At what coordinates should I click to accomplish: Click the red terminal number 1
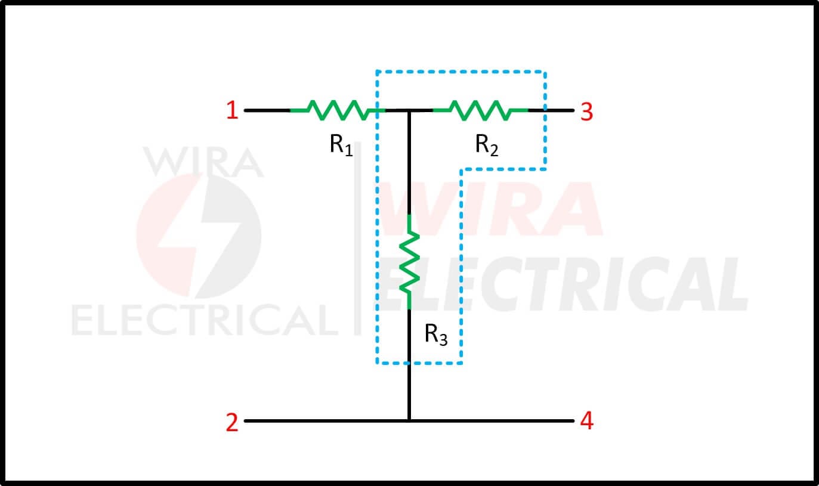coord(233,110)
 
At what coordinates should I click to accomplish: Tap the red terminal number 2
coord(232,423)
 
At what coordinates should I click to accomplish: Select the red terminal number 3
coord(587,112)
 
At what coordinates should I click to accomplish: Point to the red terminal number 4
coord(587,420)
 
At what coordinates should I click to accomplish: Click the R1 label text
coord(341,145)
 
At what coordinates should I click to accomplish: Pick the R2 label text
coord(487,145)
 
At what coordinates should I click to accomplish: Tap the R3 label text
coord(436,335)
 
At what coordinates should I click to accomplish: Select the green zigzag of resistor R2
coord(480,110)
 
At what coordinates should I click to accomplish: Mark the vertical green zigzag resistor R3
coord(409,262)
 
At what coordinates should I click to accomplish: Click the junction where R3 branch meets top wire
coord(409,110)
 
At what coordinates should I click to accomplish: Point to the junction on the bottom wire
coord(409,421)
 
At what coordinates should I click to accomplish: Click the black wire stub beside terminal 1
coord(267,110)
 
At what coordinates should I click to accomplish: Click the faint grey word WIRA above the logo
coord(203,162)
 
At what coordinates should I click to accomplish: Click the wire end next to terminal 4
coord(573,421)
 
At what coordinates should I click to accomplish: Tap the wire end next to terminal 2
coord(245,421)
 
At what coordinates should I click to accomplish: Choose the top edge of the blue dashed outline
coord(461,72)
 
